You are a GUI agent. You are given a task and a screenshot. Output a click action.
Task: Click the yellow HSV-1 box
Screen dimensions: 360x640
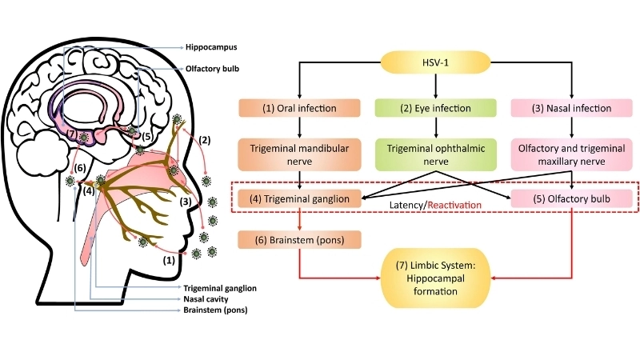click(x=436, y=63)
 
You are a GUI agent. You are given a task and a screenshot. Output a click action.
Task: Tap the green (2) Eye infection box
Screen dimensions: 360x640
click(x=436, y=107)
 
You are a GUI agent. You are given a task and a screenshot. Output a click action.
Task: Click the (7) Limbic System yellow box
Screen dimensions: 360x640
click(x=436, y=279)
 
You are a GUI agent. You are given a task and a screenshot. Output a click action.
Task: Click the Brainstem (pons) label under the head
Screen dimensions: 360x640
click(x=215, y=309)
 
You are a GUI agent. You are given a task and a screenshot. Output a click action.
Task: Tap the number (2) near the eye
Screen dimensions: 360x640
click(x=205, y=140)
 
